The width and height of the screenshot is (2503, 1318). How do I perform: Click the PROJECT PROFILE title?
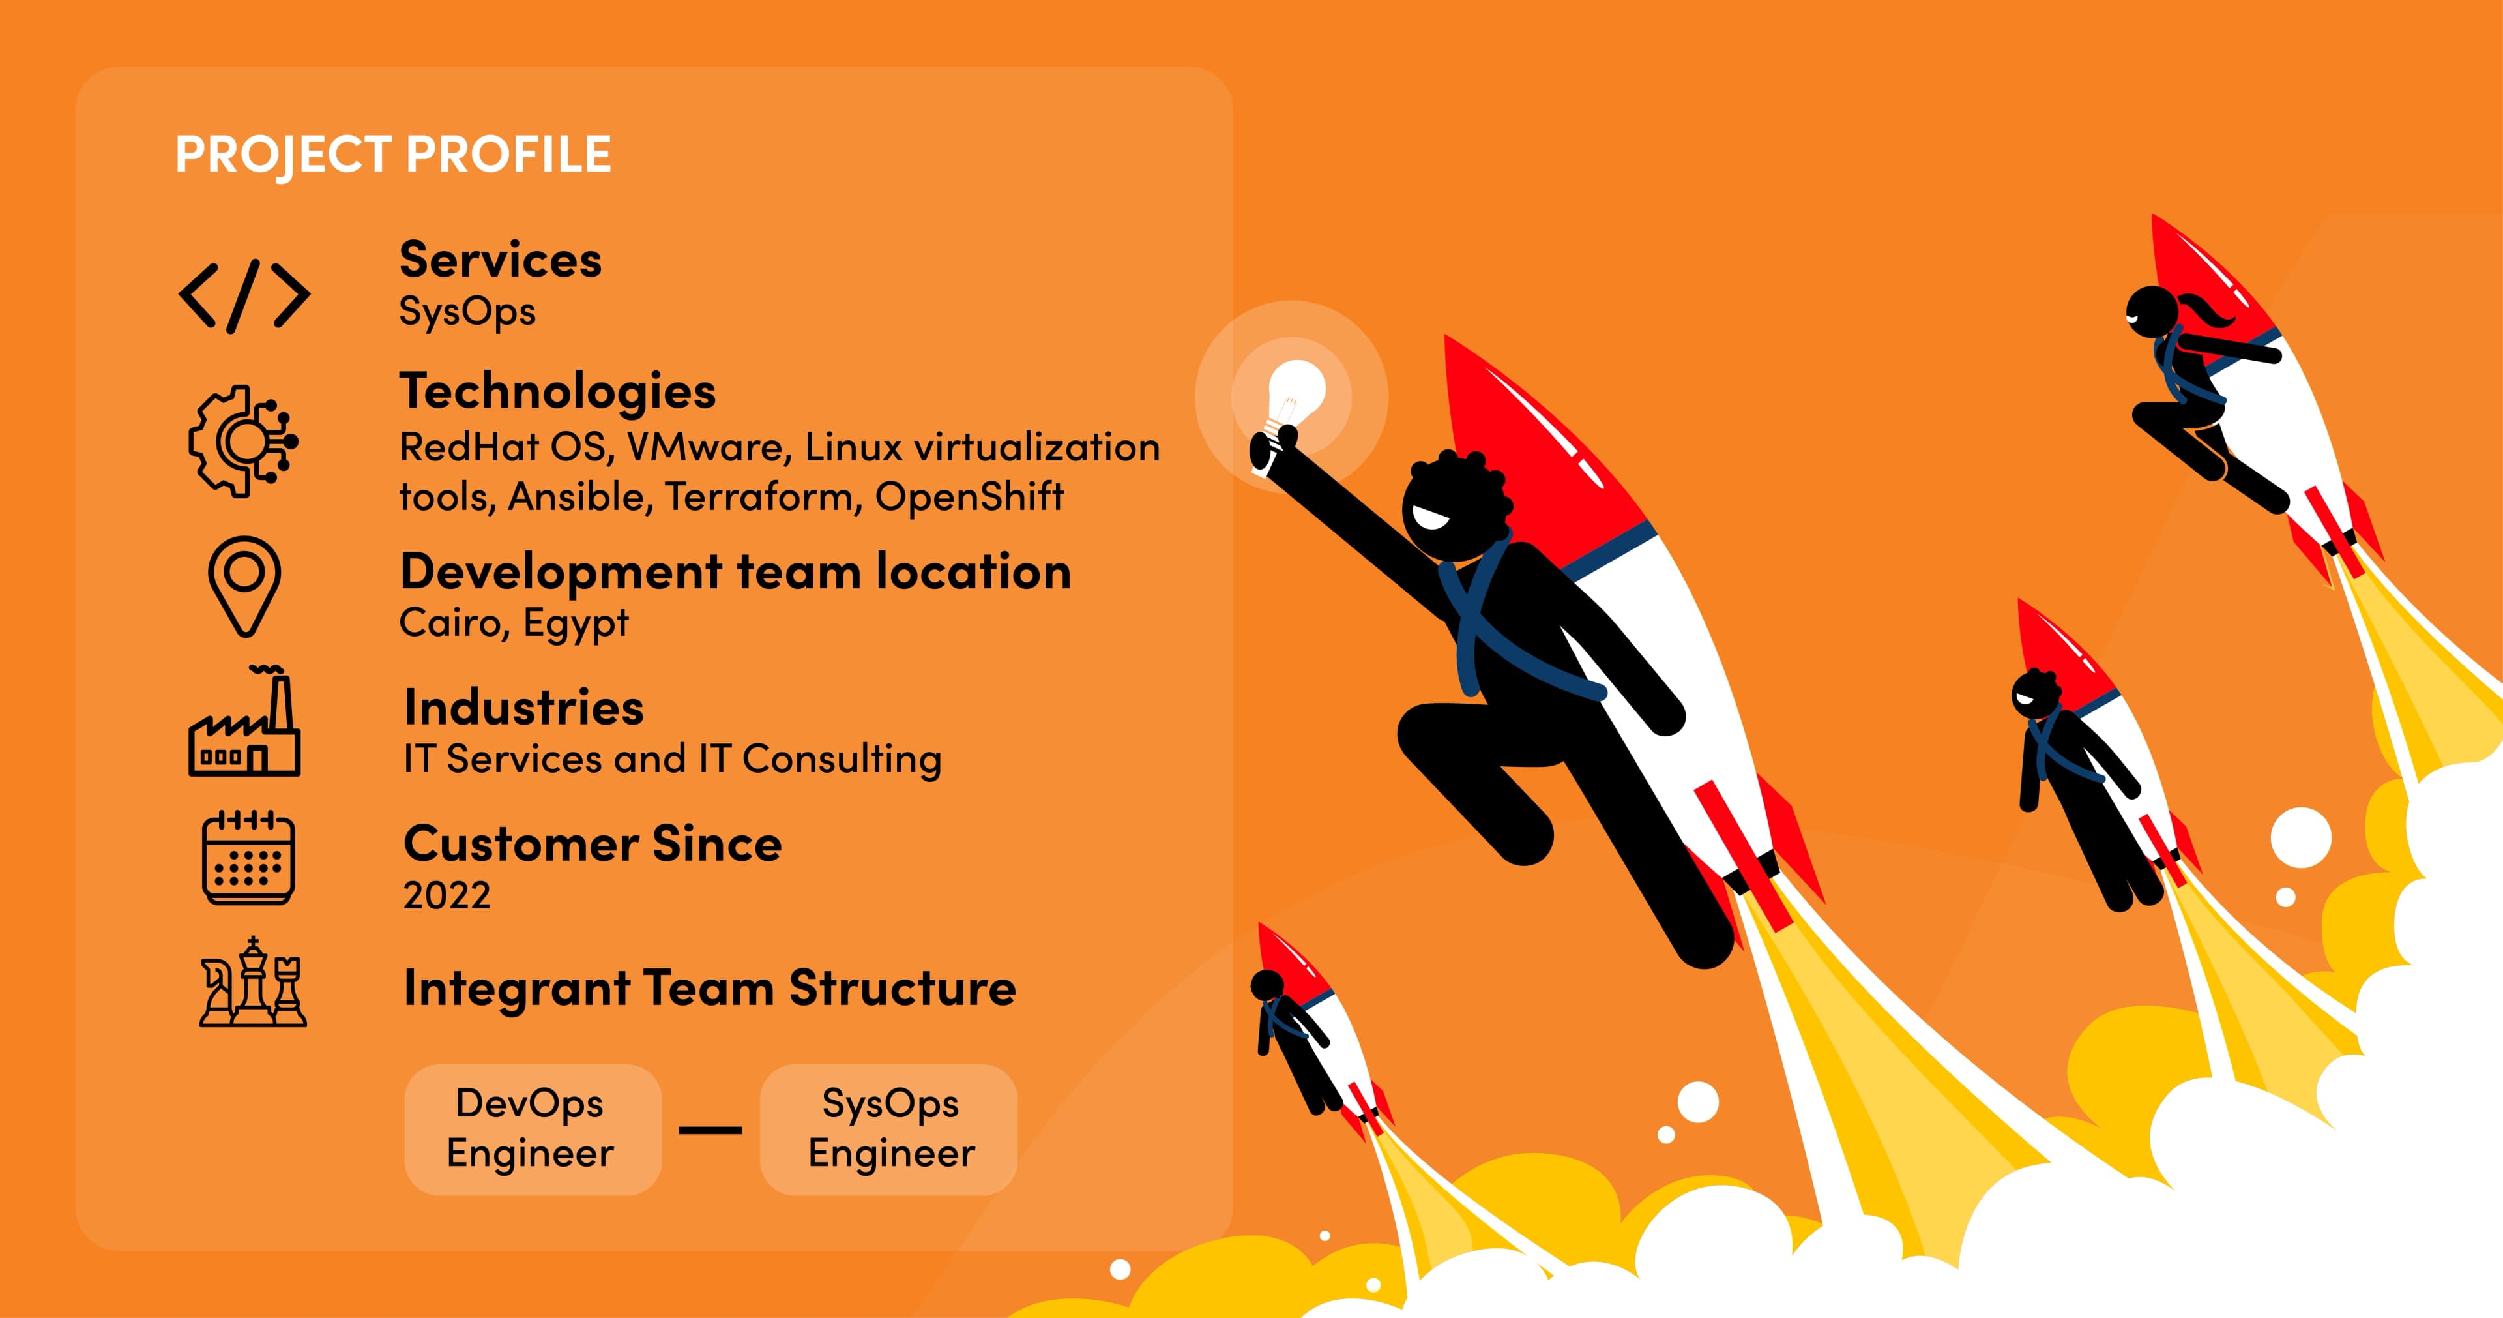click(392, 155)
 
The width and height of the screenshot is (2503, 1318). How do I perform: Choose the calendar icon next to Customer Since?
click(248, 858)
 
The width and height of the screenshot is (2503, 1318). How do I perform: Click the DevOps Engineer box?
click(531, 1128)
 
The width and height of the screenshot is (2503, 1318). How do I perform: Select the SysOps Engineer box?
click(889, 1128)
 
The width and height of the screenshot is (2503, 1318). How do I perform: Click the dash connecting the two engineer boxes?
click(710, 1130)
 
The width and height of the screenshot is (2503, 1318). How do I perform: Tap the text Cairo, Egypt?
click(514, 623)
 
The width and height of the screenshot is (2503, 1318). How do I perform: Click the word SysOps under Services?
click(467, 312)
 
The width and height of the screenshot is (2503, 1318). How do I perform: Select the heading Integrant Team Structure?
click(709, 989)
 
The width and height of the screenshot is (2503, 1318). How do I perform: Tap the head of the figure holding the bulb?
click(1454, 505)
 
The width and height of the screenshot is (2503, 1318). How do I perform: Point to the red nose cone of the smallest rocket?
click(1281, 957)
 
